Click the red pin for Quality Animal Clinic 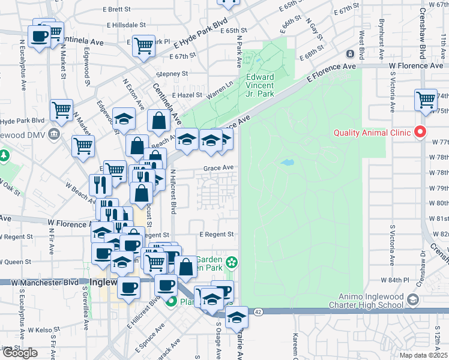420,133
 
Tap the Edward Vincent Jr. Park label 260,85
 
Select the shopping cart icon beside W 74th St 426,99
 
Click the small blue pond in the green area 287,162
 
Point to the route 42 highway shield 258,312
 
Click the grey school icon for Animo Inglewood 412,299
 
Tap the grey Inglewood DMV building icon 54,133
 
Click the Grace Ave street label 217,169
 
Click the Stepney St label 172,74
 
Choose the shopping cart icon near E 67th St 143,44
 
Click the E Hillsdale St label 127,25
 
